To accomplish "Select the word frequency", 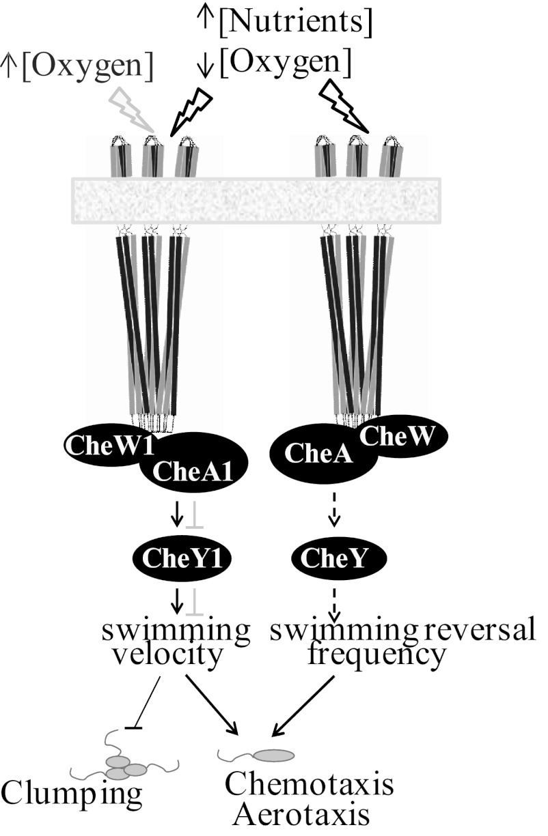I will [x=376, y=656].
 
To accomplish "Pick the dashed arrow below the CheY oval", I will [x=333, y=599].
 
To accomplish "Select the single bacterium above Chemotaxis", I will [x=273, y=755].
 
